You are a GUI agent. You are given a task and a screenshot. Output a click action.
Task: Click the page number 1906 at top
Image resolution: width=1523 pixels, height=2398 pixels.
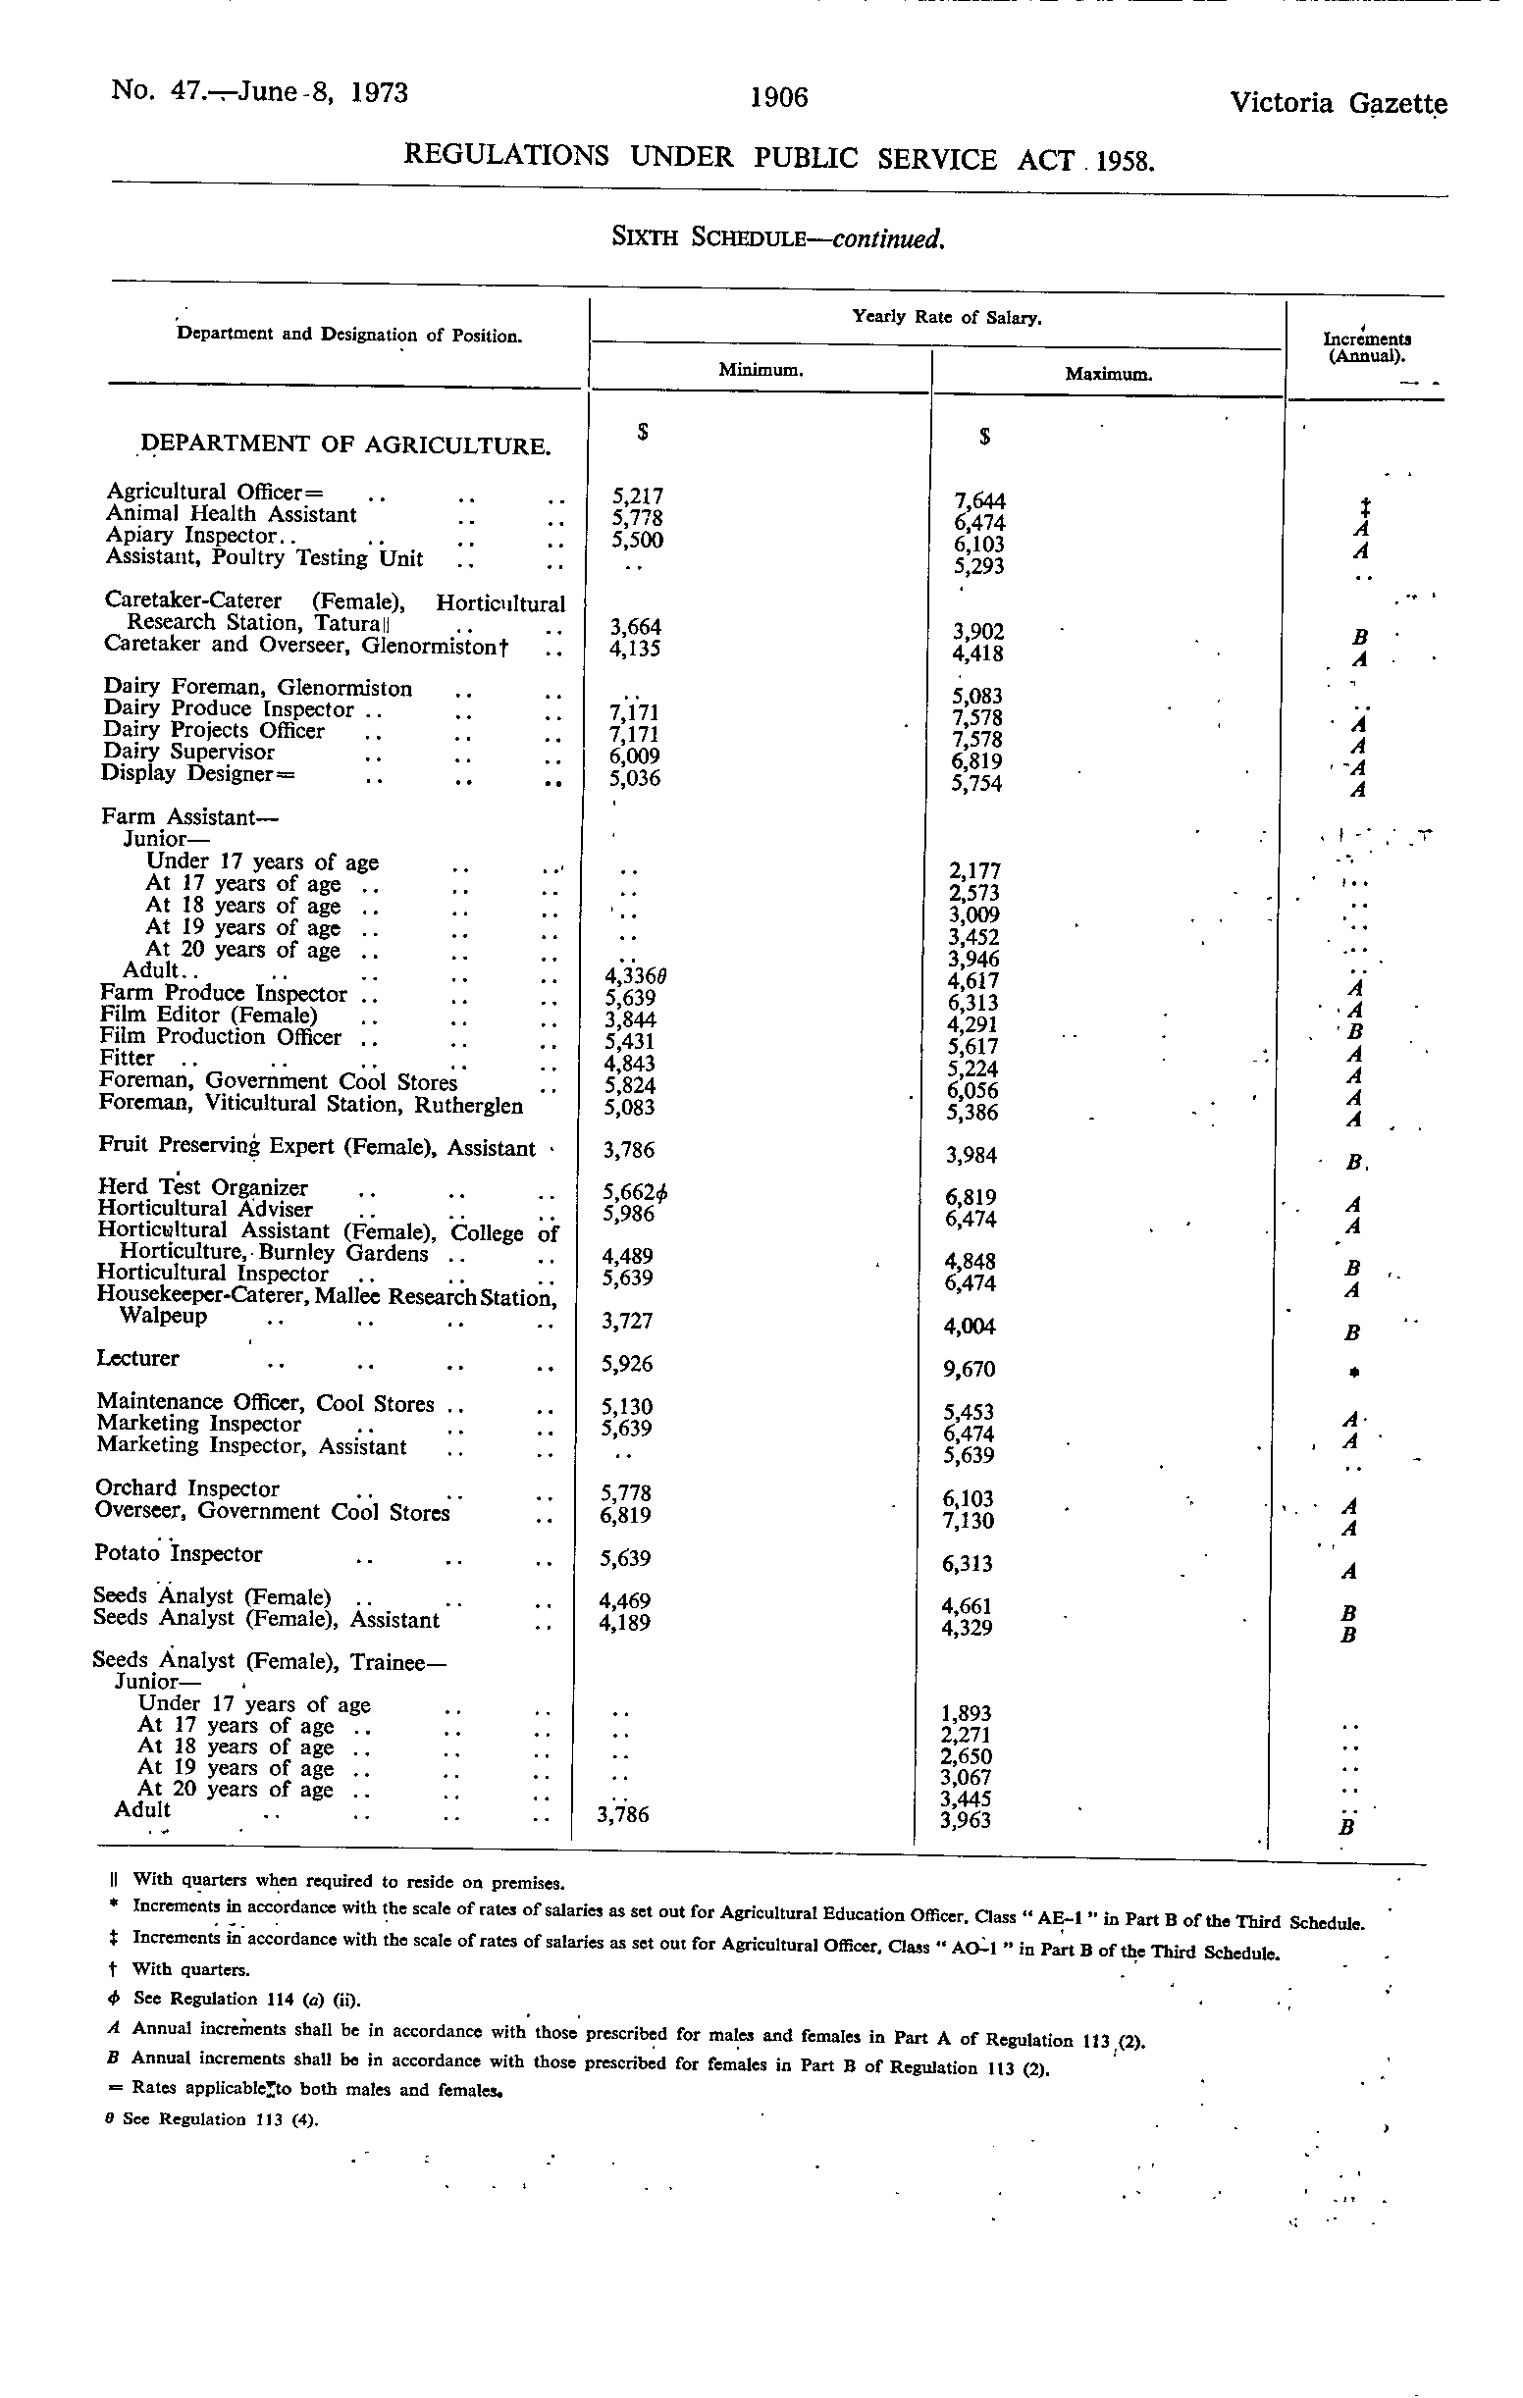[779, 97]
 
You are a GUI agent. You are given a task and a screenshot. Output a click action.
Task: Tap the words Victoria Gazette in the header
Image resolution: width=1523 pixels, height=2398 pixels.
[1338, 104]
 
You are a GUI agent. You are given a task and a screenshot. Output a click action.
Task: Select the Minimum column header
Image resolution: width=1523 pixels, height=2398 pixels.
[761, 370]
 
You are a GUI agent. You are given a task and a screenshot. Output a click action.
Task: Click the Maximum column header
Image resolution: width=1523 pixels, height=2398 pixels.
[1109, 375]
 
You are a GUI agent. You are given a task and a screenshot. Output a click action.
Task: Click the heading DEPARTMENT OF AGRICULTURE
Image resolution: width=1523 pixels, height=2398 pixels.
[346, 444]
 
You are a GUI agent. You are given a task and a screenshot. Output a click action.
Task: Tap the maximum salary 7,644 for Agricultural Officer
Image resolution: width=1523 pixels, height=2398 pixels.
[979, 501]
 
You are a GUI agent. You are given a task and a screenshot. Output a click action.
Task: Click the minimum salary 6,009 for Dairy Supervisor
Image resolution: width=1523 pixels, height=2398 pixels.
[636, 756]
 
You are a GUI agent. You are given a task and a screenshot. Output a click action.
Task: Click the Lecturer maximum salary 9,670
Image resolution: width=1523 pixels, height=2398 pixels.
[970, 1369]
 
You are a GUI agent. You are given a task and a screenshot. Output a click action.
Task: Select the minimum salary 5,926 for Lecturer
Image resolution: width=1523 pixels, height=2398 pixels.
[627, 1363]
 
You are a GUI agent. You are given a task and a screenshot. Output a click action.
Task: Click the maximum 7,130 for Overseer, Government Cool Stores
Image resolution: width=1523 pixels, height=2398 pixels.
[970, 1521]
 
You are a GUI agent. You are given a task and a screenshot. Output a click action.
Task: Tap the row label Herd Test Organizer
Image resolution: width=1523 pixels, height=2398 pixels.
[202, 1187]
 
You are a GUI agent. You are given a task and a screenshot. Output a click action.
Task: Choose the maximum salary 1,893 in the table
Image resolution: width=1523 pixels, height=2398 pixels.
[966, 1713]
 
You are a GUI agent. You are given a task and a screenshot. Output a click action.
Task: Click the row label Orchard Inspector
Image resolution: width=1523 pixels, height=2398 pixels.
[187, 1487]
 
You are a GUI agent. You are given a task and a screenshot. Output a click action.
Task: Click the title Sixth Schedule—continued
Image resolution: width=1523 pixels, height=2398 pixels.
[777, 239]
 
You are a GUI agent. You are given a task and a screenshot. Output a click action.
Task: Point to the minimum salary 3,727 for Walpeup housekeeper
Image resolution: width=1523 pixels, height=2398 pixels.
[627, 1321]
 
